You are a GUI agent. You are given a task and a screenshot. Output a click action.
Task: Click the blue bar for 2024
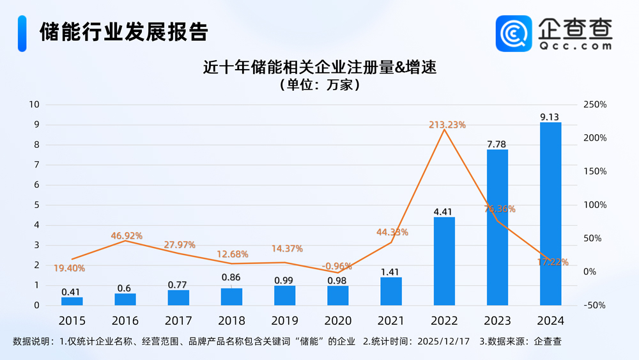point(550,214)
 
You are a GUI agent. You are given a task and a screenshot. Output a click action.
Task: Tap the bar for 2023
point(497,227)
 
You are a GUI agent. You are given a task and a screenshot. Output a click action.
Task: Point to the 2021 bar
point(391,291)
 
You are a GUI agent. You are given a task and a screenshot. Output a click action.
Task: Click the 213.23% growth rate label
point(447,125)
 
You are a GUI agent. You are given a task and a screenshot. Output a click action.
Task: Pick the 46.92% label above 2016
point(126,236)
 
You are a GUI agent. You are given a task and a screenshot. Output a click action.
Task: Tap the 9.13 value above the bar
point(550,116)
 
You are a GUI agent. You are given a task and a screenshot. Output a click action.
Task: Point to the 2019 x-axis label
point(285,320)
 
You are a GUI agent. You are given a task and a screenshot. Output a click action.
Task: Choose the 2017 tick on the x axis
point(178,320)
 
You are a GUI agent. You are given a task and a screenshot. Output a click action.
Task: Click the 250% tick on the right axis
point(594,105)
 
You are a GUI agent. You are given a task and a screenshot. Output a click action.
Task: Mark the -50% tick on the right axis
point(594,306)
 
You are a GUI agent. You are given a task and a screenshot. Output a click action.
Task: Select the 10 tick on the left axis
point(34,105)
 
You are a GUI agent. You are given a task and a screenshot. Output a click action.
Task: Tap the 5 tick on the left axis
point(36,205)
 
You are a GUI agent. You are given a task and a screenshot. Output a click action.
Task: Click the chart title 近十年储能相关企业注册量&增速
point(319,67)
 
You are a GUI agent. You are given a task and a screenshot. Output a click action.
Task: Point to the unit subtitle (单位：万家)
point(319,84)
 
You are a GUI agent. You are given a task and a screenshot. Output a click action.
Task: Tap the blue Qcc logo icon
point(514,33)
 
